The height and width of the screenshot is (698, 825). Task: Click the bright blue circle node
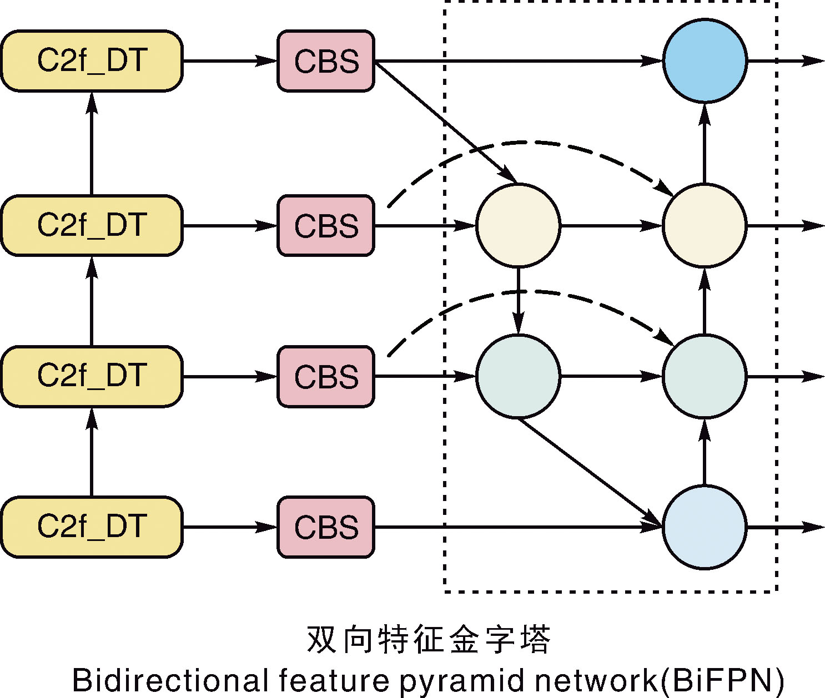(705, 61)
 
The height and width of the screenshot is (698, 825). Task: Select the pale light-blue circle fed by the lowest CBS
(705, 527)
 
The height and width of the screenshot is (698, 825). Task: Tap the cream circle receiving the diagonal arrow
(518, 225)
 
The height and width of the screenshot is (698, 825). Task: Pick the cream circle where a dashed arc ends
(705, 225)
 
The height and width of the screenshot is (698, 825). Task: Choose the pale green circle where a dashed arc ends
(705, 376)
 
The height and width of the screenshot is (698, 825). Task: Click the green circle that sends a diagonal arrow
(518, 376)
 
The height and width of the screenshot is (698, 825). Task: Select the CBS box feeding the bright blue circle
(326, 61)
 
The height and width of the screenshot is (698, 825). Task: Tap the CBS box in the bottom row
(326, 527)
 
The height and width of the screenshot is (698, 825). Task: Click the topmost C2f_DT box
(92, 61)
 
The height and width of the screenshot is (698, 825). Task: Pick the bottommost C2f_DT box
(92, 527)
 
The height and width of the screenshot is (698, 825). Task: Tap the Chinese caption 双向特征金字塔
(428, 639)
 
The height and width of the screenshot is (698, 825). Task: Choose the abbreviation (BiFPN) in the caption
(722, 680)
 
